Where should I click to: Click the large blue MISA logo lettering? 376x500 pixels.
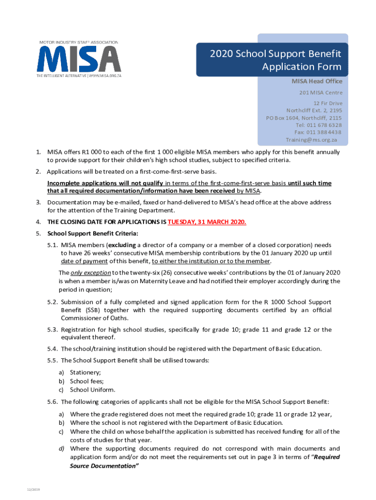[x=78, y=60]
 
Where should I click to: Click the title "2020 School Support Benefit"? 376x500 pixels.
[x=275, y=54]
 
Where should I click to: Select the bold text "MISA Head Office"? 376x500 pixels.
[x=317, y=81]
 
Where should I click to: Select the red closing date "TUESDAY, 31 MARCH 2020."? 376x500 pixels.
[x=207, y=222]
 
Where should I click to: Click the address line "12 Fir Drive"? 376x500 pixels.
[x=328, y=104]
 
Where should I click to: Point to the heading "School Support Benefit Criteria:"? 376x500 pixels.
[x=93, y=232]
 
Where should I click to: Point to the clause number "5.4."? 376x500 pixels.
[x=53, y=349]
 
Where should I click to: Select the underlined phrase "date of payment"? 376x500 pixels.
[x=83, y=261]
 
